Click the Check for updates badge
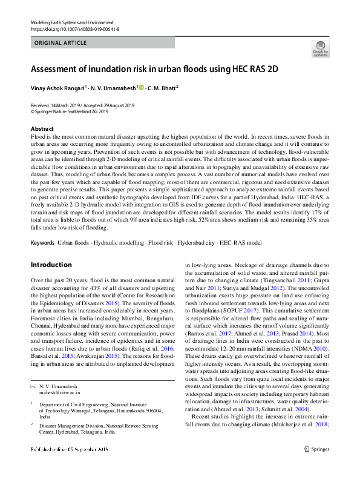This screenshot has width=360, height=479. point(320,49)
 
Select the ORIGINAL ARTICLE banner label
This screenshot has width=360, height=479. point(60,43)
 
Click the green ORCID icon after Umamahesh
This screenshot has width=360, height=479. point(142,87)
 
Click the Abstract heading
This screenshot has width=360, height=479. point(42,129)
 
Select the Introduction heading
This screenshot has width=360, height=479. point(51,265)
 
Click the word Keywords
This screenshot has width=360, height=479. point(42,242)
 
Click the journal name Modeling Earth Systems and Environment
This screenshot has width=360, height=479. point(73,22)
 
